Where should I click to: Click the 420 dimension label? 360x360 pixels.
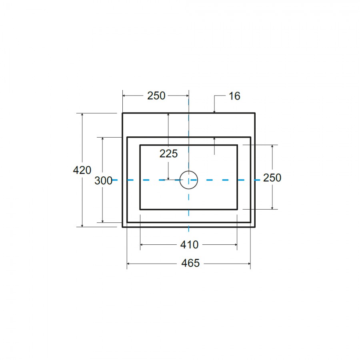(x=82, y=170)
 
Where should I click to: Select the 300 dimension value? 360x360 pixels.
(x=103, y=181)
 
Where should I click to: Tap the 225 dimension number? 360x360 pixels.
(x=168, y=154)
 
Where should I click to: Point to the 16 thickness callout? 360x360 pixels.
(x=234, y=96)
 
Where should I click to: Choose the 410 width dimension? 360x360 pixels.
(x=189, y=245)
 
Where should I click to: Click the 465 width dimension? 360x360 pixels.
(x=190, y=263)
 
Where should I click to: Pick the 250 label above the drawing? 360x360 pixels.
(x=156, y=96)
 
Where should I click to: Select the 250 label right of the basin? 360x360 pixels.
(x=272, y=178)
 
